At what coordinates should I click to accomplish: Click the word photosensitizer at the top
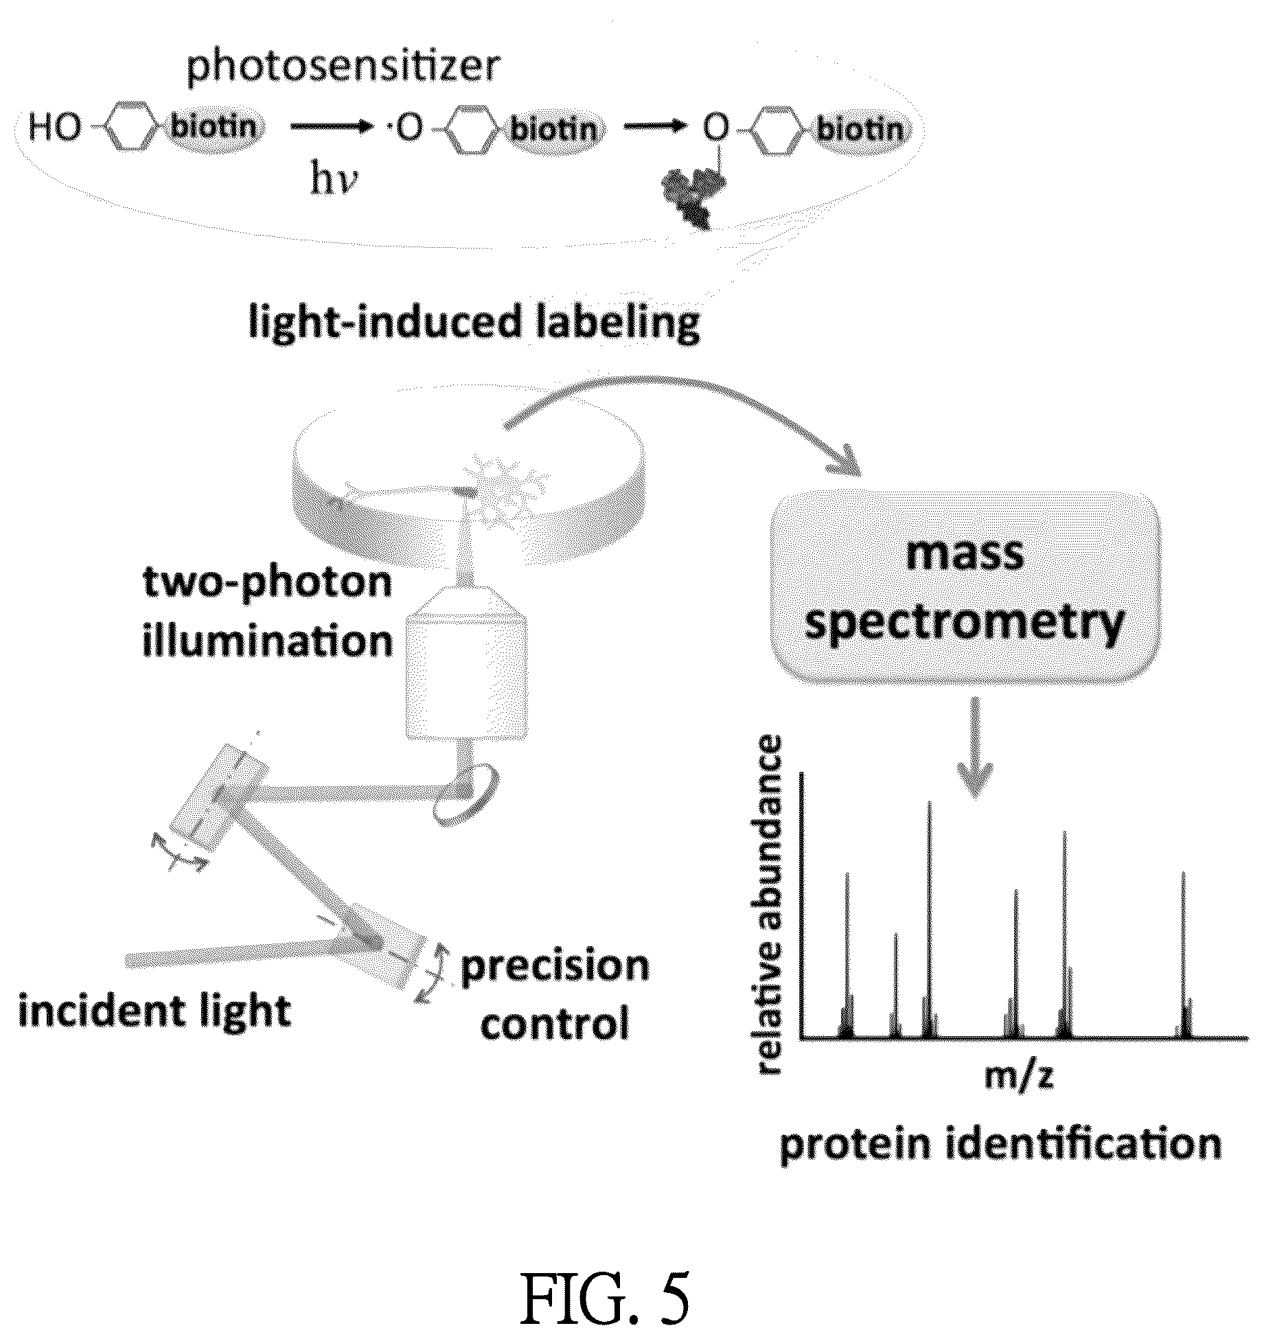(343, 68)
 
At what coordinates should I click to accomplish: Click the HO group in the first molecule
(54, 128)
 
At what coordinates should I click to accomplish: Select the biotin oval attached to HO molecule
(215, 127)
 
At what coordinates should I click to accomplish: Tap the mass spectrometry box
(965, 588)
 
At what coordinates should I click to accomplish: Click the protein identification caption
(1001, 1145)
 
